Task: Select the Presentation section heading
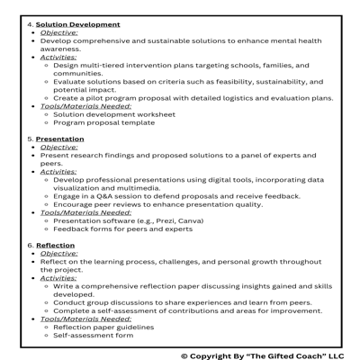pyautogui.click(x=59, y=139)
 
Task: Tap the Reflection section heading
pyautogui.click(x=56, y=244)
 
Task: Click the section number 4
pyautogui.click(x=30, y=23)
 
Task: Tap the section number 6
pyautogui.click(x=30, y=244)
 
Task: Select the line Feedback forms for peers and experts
pyautogui.click(x=122, y=228)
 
